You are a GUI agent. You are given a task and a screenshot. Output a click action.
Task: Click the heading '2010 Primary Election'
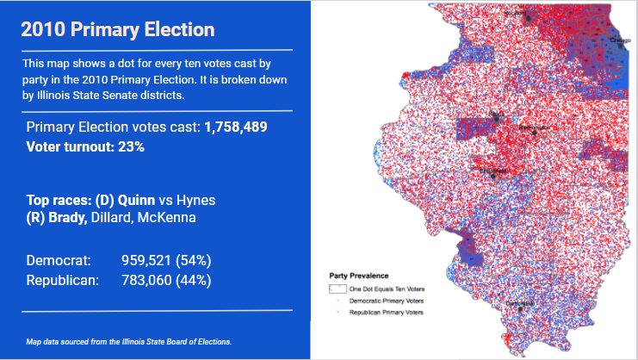(117, 29)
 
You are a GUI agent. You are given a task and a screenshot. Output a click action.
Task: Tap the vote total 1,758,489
(235, 127)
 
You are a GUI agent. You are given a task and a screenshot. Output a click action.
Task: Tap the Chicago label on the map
(619, 40)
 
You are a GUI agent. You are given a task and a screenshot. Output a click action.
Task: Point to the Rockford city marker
(516, 15)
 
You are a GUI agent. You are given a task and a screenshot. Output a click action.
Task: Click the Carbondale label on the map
(520, 304)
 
